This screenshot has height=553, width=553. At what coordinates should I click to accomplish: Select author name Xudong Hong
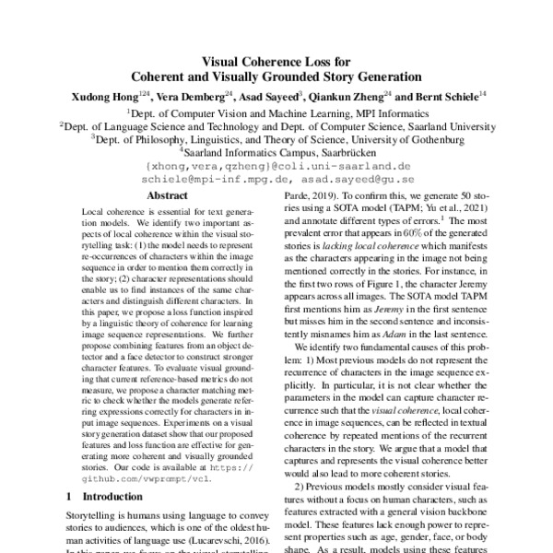(x=104, y=95)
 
